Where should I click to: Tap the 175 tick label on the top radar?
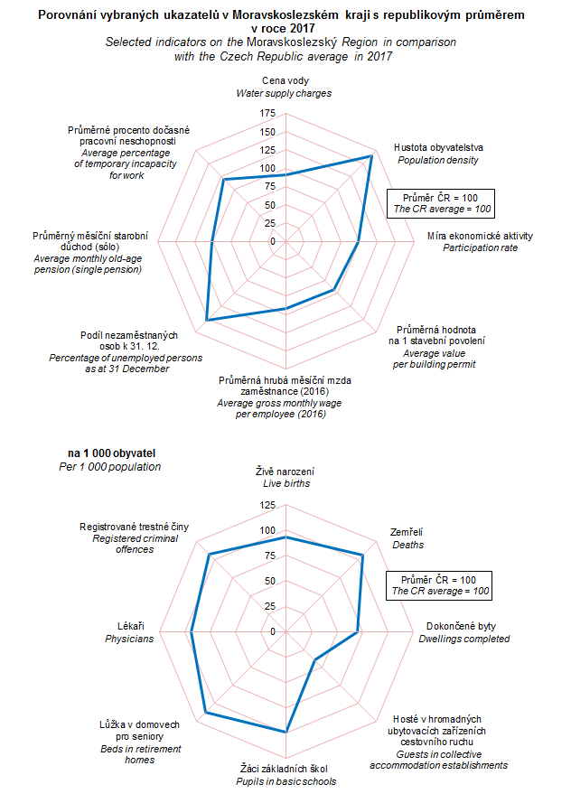tap(267, 113)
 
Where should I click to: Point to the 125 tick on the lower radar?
tap(267, 505)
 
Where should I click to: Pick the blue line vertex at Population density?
tap(371, 156)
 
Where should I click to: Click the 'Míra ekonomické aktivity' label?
tap(480, 236)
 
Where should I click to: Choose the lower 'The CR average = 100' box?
tap(440, 591)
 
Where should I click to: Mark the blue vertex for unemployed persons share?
tap(207, 320)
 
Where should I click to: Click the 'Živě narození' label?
tap(285, 472)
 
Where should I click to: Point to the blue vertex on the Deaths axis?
tap(362, 555)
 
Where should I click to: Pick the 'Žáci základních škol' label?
tap(285, 770)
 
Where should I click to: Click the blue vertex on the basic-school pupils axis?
tap(285, 732)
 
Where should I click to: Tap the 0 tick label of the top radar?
tap(272, 242)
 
